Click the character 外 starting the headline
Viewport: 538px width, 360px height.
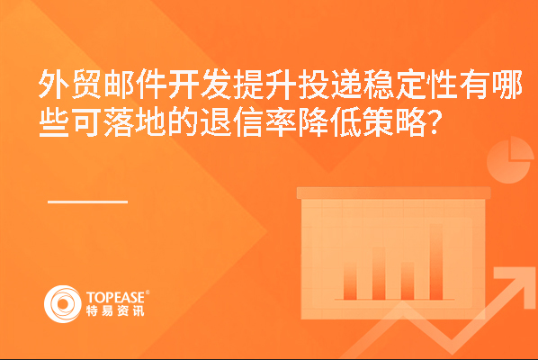(53, 85)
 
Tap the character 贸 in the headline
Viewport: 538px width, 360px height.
(85, 85)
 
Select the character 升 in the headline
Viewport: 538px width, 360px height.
(280, 85)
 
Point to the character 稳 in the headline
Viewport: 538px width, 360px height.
(377, 85)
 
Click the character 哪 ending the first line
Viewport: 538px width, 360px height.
(507, 85)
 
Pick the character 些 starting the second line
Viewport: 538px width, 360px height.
(53, 122)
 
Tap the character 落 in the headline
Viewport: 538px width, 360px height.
(118, 122)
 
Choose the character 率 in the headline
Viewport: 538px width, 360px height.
(280, 122)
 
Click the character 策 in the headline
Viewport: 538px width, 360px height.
(377, 122)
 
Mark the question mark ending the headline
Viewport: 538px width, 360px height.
(434, 122)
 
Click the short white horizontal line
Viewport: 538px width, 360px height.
(87, 202)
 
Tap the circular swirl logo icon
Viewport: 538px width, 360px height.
(63, 304)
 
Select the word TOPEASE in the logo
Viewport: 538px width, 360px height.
(116, 297)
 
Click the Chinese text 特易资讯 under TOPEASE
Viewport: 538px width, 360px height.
(115, 310)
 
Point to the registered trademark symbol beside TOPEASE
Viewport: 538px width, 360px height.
(148, 292)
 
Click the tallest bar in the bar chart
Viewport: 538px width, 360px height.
(436, 262)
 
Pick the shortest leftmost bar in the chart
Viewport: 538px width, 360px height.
(350, 281)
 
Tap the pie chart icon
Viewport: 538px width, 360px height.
(510, 160)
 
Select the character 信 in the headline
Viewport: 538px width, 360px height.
(247, 122)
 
